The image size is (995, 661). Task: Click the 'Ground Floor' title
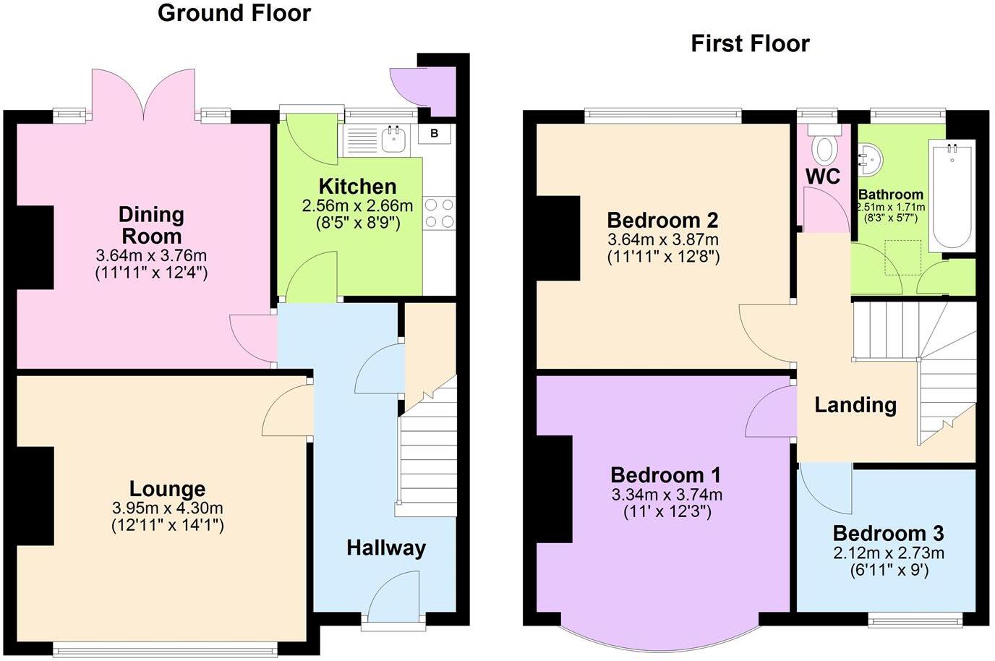(234, 13)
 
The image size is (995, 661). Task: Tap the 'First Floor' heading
(750, 43)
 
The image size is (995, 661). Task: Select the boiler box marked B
(434, 133)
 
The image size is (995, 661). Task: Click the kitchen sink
(393, 139)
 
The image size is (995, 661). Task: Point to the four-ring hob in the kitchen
(439, 213)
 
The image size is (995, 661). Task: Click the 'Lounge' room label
(167, 489)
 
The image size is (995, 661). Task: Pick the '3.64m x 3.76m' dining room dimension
(151, 255)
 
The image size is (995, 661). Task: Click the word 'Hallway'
(385, 547)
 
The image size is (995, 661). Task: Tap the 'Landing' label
(855, 404)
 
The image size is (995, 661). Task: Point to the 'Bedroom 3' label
(888, 534)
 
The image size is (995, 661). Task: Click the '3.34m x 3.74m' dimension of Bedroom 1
(667, 495)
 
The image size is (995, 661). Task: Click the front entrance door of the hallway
(393, 597)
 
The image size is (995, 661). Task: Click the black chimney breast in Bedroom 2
(558, 238)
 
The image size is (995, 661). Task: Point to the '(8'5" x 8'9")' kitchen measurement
(358, 223)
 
